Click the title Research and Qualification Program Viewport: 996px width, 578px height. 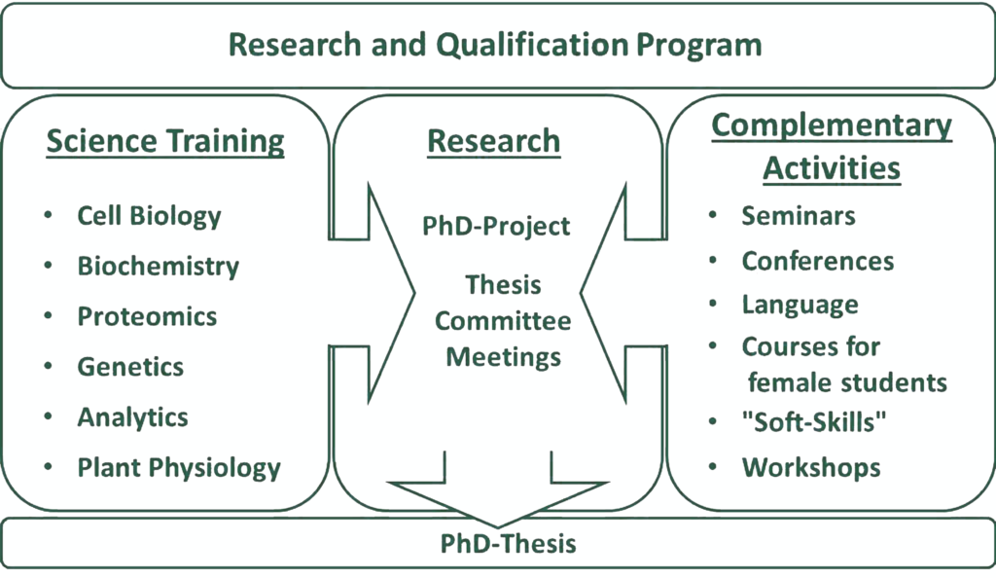[x=494, y=45]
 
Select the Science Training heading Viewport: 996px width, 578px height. [x=165, y=141]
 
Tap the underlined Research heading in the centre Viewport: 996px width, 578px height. [x=494, y=141]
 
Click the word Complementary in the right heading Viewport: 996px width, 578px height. [x=832, y=126]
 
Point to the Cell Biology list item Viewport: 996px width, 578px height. [x=149, y=215]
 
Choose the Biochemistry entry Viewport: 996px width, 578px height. [x=158, y=266]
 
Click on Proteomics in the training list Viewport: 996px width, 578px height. [x=147, y=316]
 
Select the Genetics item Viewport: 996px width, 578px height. [x=130, y=367]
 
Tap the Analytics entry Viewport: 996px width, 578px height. [x=133, y=417]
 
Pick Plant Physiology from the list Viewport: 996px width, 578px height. [x=179, y=468]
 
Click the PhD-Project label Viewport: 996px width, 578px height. [x=496, y=226]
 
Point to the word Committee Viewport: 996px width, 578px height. [x=503, y=321]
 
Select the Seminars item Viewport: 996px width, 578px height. [x=799, y=215]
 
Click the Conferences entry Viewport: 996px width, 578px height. [x=817, y=261]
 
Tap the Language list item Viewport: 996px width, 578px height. [x=800, y=305]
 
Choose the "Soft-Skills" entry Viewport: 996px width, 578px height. [x=815, y=423]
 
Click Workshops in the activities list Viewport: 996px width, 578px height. [x=811, y=467]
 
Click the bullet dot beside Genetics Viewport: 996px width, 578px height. [x=48, y=366]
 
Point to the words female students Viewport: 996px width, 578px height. [x=847, y=381]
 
